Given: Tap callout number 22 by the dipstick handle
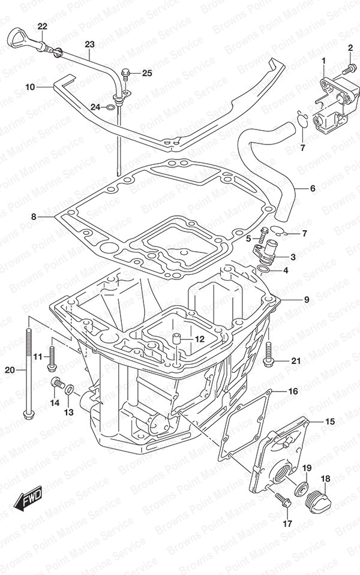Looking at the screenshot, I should tap(42, 26).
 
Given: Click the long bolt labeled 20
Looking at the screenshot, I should tap(28, 372).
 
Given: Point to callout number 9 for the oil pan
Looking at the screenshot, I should tap(306, 299).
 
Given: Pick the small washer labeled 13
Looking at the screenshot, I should tap(70, 392).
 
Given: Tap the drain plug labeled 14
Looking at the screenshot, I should tap(57, 383).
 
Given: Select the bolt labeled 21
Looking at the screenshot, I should tap(268, 354).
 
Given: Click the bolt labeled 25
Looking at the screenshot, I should tap(126, 74).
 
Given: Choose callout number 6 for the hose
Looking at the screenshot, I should tap(313, 189).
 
